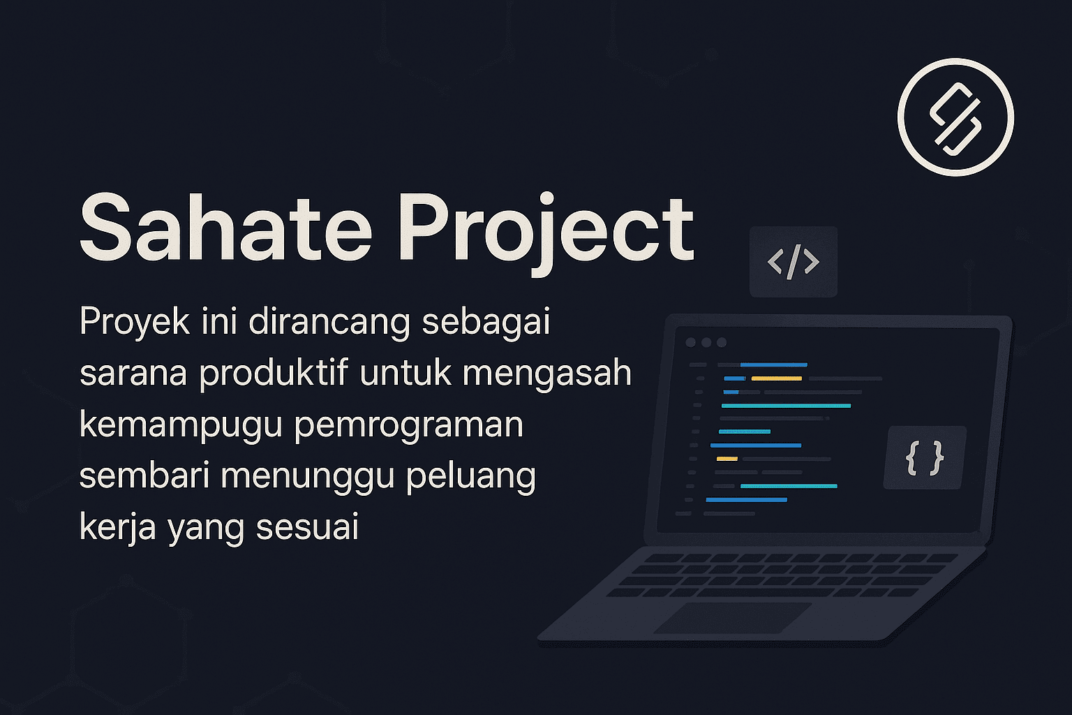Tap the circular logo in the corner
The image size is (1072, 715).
click(955, 117)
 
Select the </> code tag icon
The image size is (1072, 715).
click(793, 262)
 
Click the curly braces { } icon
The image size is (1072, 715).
click(925, 458)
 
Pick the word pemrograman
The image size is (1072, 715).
click(409, 425)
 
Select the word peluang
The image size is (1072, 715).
click(471, 477)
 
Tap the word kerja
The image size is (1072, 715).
click(117, 527)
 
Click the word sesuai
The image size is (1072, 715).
click(307, 526)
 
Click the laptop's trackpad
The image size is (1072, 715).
click(733, 617)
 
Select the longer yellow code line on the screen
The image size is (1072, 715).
click(776, 378)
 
